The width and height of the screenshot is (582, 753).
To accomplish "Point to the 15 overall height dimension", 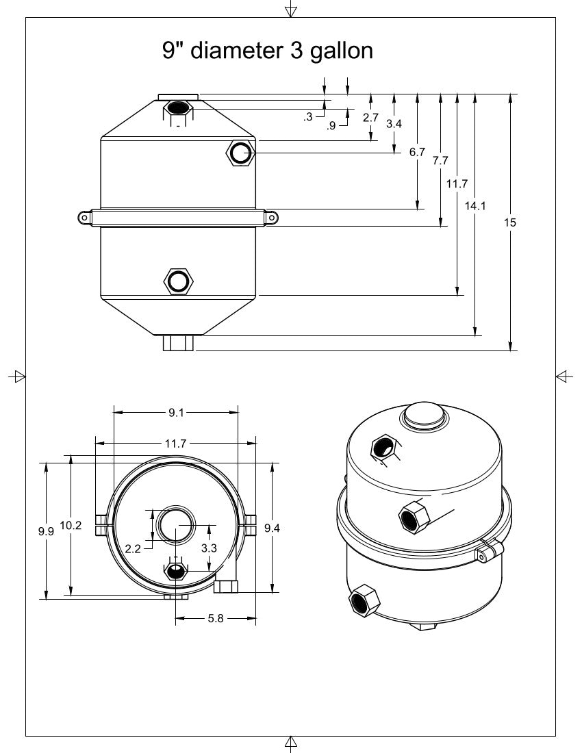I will pyautogui.click(x=510, y=222).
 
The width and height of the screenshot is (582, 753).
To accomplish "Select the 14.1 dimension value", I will pyautogui.click(x=475, y=205).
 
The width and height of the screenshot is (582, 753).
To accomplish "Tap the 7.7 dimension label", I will pyautogui.click(x=440, y=161).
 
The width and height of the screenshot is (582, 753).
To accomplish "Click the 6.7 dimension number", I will pyautogui.click(x=418, y=152).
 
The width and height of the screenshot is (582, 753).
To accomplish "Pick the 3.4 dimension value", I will pyautogui.click(x=394, y=124).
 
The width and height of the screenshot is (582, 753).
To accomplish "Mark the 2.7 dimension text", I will pyautogui.click(x=371, y=118).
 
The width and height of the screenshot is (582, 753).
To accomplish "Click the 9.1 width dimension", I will pyautogui.click(x=176, y=412).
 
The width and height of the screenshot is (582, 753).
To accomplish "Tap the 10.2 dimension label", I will pyautogui.click(x=71, y=526).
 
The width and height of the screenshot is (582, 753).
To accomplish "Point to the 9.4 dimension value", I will pyautogui.click(x=273, y=526).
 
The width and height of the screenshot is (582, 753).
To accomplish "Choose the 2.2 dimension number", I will pyautogui.click(x=133, y=548).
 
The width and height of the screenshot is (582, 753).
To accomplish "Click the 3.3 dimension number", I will pyautogui.click(x=208, y=548).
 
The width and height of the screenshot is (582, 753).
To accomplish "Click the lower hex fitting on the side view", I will pyautogui.click(x=179, y=281).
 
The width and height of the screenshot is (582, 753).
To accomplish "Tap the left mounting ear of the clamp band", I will pyautogui.click(x=84, y=218).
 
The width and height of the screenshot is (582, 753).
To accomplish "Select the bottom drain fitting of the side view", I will pyautogui.click(x=179, y=342).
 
